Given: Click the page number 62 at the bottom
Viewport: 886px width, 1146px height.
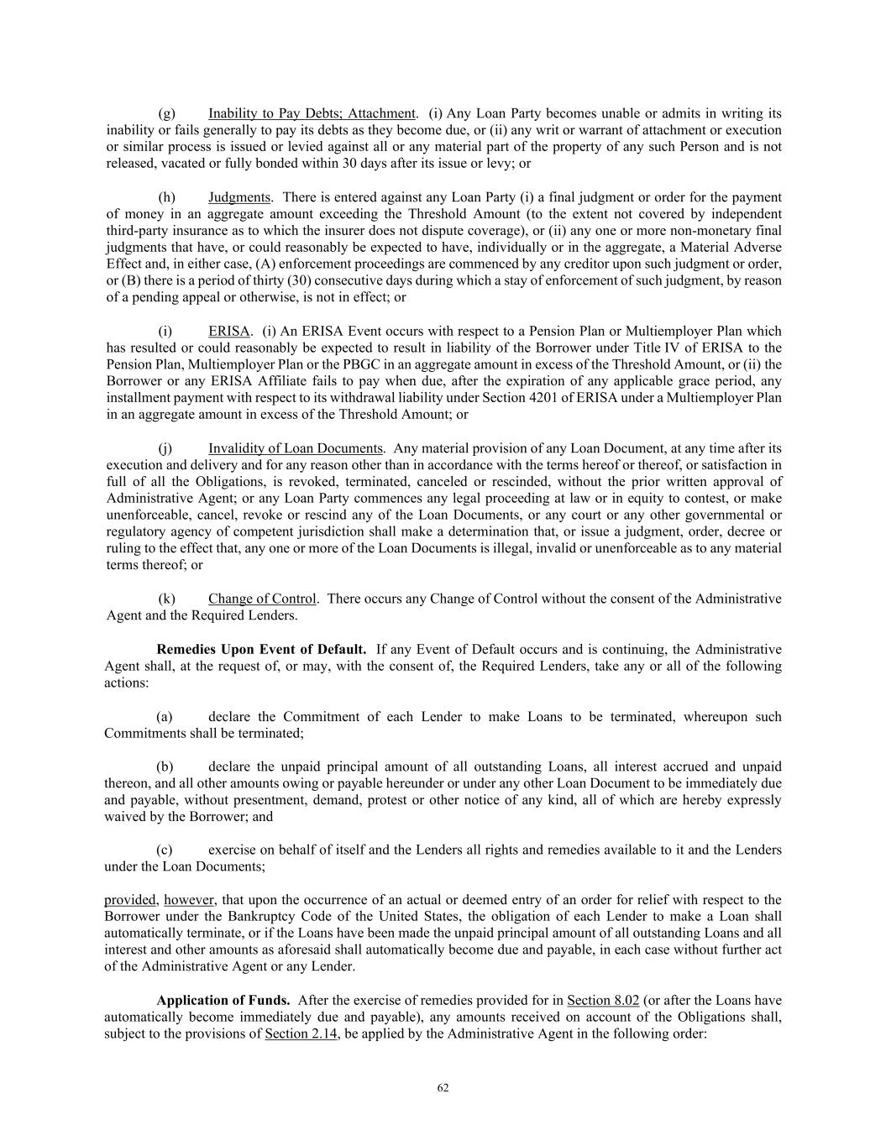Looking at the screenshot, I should click(443, 1088).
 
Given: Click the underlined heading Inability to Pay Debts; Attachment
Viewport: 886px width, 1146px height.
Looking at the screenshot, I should click(312, 113).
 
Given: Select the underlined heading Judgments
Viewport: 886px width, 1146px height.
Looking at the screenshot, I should click(239, 197).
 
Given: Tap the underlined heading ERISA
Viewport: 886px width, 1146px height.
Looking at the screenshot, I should click(229, 331).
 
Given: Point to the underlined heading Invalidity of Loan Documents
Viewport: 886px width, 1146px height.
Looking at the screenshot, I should click(296, 448).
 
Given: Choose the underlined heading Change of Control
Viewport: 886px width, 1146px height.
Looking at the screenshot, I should click(262, 599).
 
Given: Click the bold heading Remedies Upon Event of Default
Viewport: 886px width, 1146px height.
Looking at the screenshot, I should click(261, 649).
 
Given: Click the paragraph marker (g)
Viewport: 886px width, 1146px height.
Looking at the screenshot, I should click(166, 113).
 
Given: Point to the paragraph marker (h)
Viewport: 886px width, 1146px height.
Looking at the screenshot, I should click(166, 197).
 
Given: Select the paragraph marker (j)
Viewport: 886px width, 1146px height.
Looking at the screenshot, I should click(165, 448).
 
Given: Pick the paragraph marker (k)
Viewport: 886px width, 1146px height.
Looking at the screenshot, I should click(166, 599).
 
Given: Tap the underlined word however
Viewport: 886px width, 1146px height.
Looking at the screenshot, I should click(189, 900).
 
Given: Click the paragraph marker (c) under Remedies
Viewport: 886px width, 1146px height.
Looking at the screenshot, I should click(165, 850).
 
